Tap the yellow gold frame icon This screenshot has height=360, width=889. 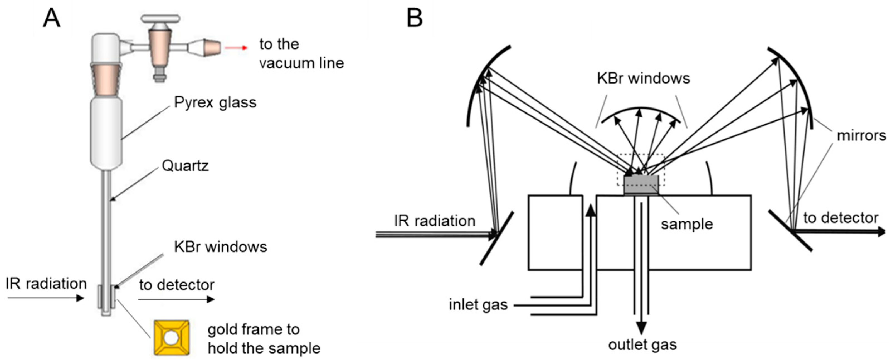tap(172, 337)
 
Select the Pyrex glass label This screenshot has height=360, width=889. tap(215, 103)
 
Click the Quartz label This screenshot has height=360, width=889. tap(185, 166)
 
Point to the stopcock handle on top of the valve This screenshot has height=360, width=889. tap(160, 18)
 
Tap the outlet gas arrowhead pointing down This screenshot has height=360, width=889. tap(641, 328)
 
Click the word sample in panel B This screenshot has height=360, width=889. tap(686, 224)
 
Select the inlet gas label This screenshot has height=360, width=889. tap(478, 305)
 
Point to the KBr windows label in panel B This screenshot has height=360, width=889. tap(643, 79)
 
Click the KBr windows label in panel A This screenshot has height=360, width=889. tap(221, 247)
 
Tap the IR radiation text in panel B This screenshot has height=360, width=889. tap(435, 221)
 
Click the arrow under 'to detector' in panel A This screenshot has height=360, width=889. tap(176, 299)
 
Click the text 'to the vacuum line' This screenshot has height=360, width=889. tap(301, 54)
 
